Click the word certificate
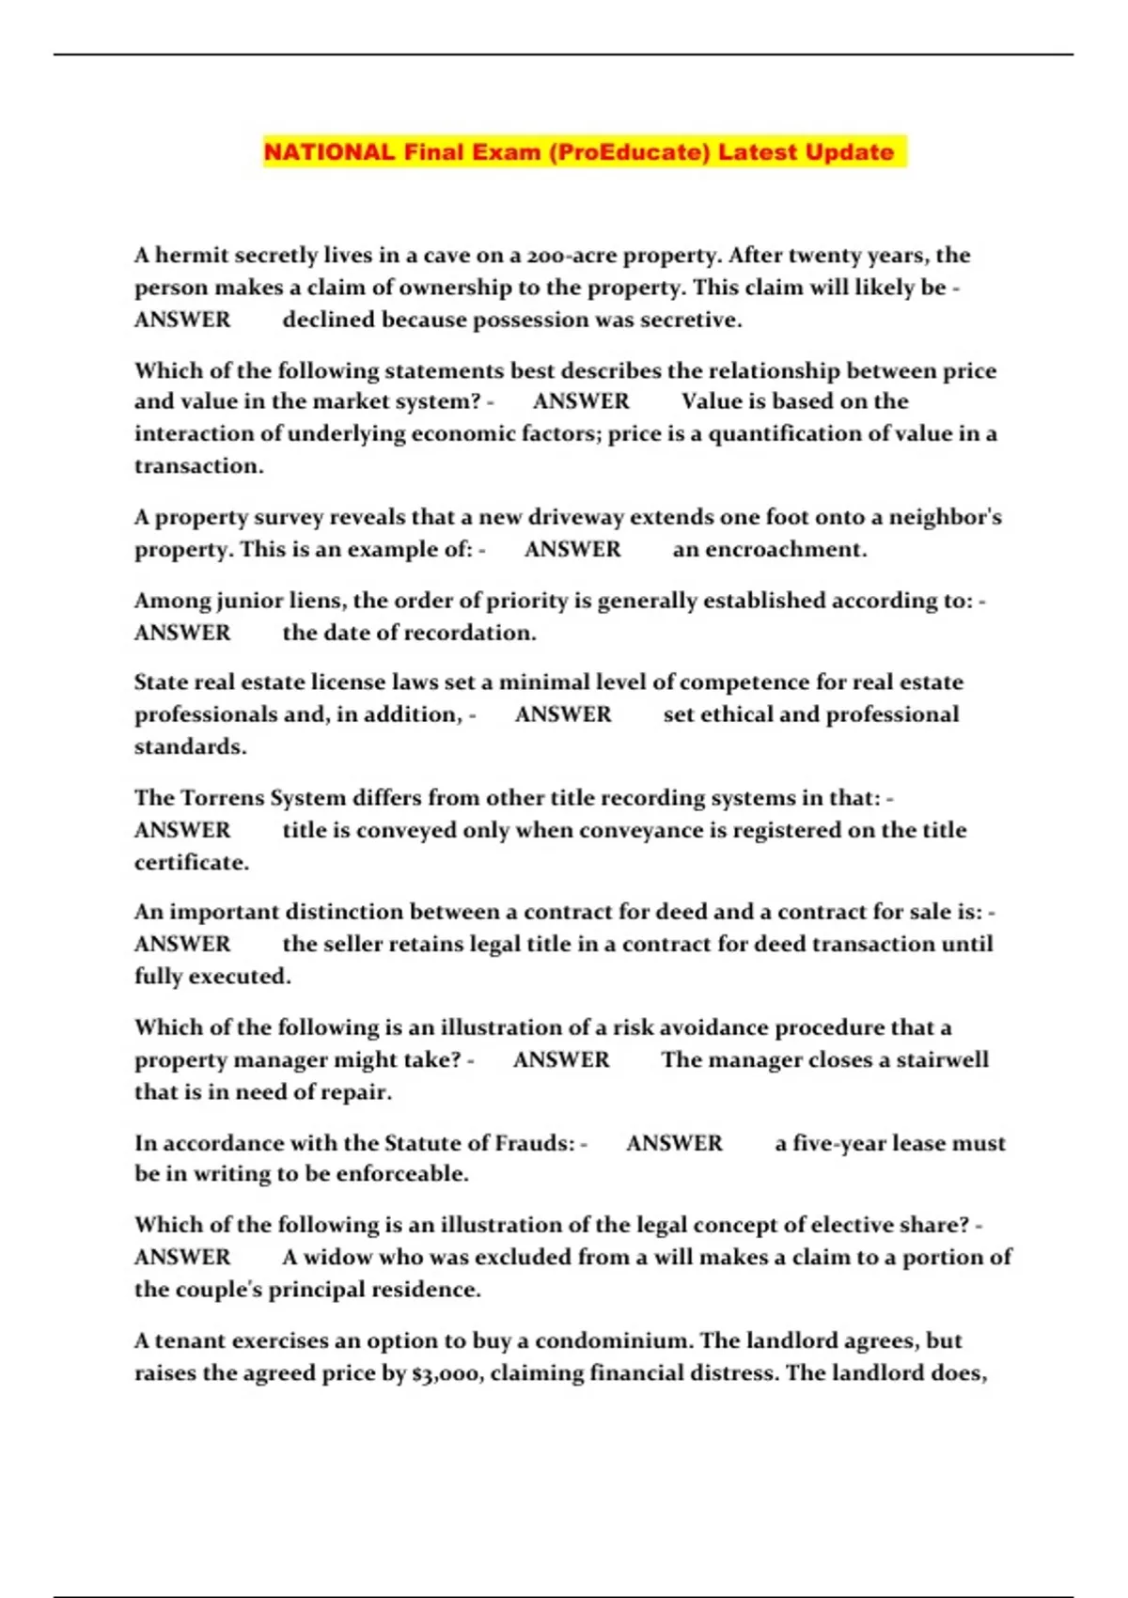click(x=191, y=862)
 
